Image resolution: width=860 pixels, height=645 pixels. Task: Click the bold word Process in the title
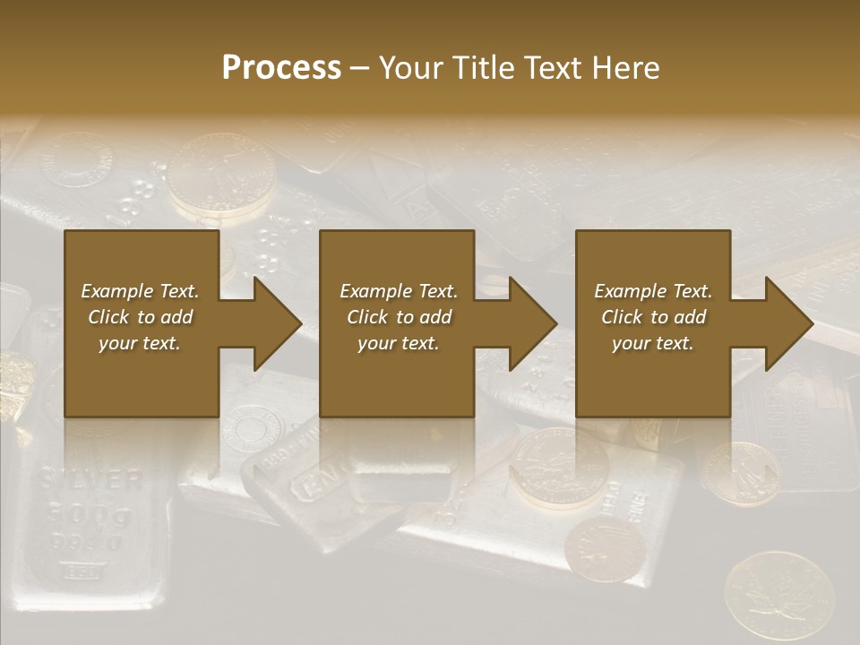point(281,67)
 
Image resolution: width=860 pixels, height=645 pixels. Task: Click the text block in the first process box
point(140,317)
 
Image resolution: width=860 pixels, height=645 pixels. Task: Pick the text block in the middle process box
point(398,317)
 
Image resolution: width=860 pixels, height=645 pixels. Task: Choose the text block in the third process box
point(652,317)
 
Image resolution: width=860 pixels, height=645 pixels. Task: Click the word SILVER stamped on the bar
point(90,479)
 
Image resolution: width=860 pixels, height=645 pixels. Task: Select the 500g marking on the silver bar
point(90,515)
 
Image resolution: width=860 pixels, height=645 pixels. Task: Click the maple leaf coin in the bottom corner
point(778,596)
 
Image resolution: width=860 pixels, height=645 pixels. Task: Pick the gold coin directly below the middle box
point(559,466)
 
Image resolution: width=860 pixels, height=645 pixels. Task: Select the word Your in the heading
point(408,67)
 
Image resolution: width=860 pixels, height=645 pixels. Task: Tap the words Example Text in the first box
point(140,291)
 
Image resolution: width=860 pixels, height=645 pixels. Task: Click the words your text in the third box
point(652,343)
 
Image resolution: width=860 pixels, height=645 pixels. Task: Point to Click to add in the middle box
point(399,317)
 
